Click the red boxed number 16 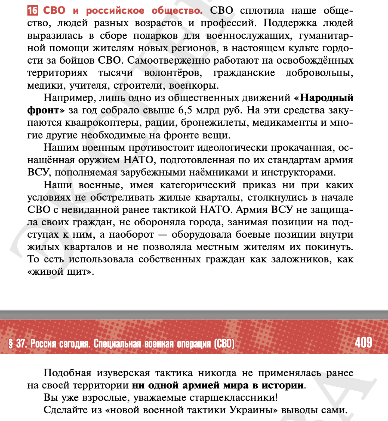33,11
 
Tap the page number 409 363,342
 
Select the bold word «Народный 324,98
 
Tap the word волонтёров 173,73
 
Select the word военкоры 194,85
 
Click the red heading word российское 115,11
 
